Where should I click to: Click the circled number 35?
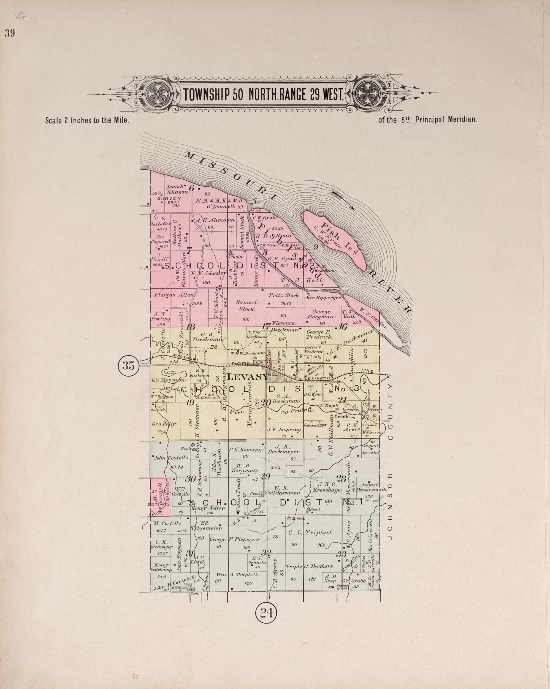pyautogui.click(x=128, y=365)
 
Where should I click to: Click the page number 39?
pyautogui.click(x=10, y=34)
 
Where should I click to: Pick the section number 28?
pyautogui.click(x=341, y=479)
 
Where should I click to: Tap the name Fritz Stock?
pyautogui.click(x=283, y=295)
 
